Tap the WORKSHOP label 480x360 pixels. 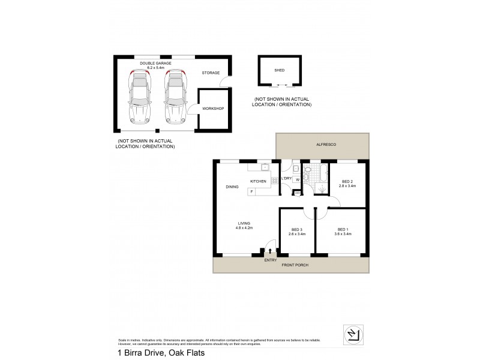point(212,109)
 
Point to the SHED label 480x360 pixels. point(279,70)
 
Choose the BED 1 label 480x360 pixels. point(343,230)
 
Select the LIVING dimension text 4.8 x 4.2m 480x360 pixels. point(244,228)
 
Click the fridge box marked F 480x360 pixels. point(252,191)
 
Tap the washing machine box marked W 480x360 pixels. point(296,179)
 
